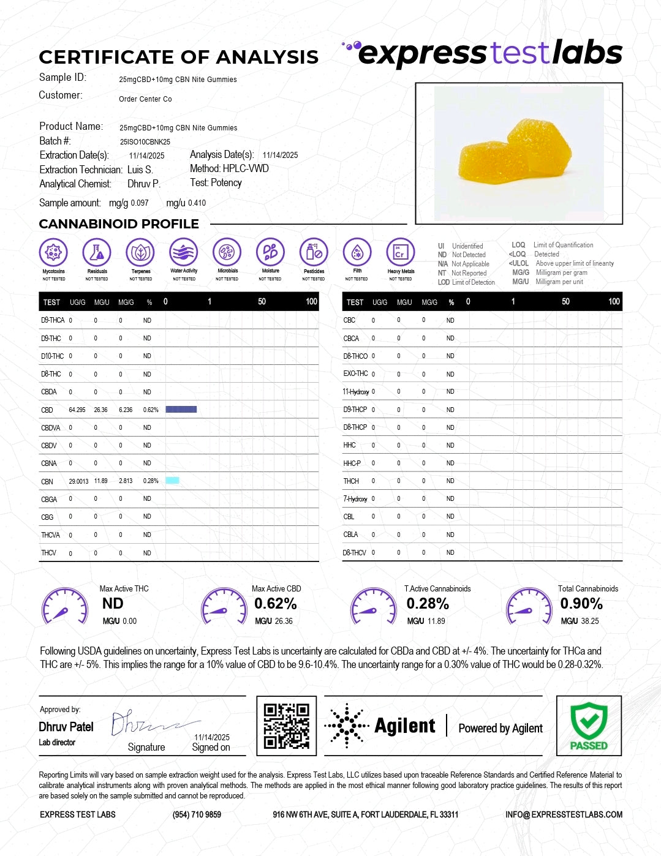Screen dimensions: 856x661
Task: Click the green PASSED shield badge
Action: click(589, 726)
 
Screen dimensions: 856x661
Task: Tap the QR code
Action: click(286, 726)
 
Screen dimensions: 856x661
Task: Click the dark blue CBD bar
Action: click(181, 409)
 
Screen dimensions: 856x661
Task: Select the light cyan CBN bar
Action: click(172, 481)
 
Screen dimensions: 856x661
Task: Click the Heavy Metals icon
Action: click(401, 252)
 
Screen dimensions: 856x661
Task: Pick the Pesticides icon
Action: click(314, 252)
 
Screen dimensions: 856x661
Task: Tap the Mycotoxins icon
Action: click(53, 252)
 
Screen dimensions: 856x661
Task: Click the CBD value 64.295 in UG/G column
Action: click(77, 410)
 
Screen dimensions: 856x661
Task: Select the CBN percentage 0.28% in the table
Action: click(151, 481)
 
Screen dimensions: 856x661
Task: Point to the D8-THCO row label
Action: click(355, 356)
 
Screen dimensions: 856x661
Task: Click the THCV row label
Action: click(48, 553)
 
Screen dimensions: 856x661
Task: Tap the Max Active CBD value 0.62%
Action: click(276, 604)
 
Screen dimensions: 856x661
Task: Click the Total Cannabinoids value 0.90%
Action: click(581, 604)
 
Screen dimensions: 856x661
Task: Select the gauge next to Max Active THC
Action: click(64, 606)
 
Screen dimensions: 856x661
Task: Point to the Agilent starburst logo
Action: click(346, 726)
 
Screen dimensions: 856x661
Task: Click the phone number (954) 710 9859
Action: click(197, 814)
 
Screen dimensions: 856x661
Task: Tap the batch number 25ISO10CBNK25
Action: click(145, 141)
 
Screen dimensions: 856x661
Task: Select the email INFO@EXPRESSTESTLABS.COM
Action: click(564, 814)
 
